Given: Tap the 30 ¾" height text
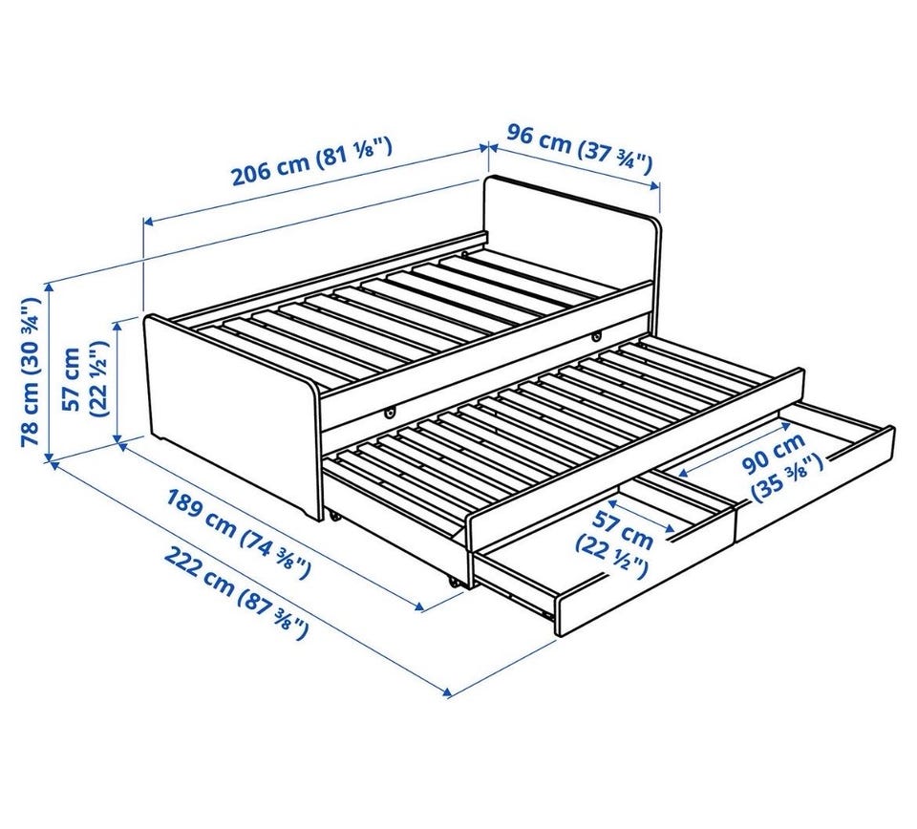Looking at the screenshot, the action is click(31, 332).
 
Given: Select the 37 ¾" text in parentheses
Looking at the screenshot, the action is click(615, 157).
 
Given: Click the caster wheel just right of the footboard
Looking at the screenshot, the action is click(334, 516).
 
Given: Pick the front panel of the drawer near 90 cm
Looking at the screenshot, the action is click(816, 484).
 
